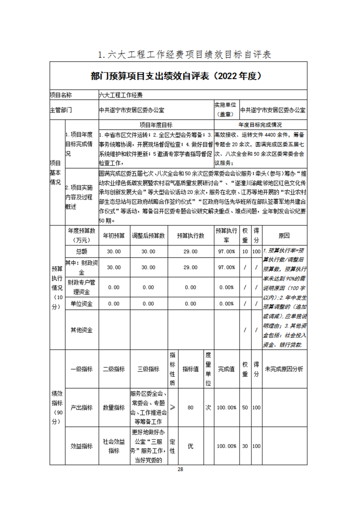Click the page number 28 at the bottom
click(x=180, y=469)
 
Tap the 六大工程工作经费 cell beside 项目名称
click(x=120, y=95)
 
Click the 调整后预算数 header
click(x=148, y=236)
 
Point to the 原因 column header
click(x=284, y=236)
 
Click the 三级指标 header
click(x=148, y=369)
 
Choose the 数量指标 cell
click(x=113, y=407)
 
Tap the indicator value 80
click(x=191, y=407)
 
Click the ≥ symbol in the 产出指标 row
click(x=173, y=407)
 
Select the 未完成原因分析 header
click(x=284, y=369)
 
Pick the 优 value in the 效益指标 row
click(x=191, y=446)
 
